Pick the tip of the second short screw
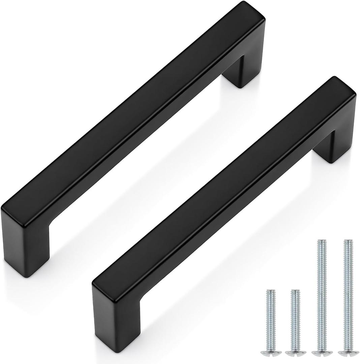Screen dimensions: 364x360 click(x=295, y=291)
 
